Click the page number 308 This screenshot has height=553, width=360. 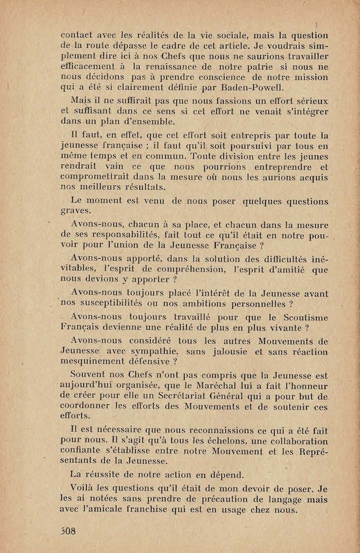click(x=68, y=531)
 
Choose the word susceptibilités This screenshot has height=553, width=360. click(x=113, y=304)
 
